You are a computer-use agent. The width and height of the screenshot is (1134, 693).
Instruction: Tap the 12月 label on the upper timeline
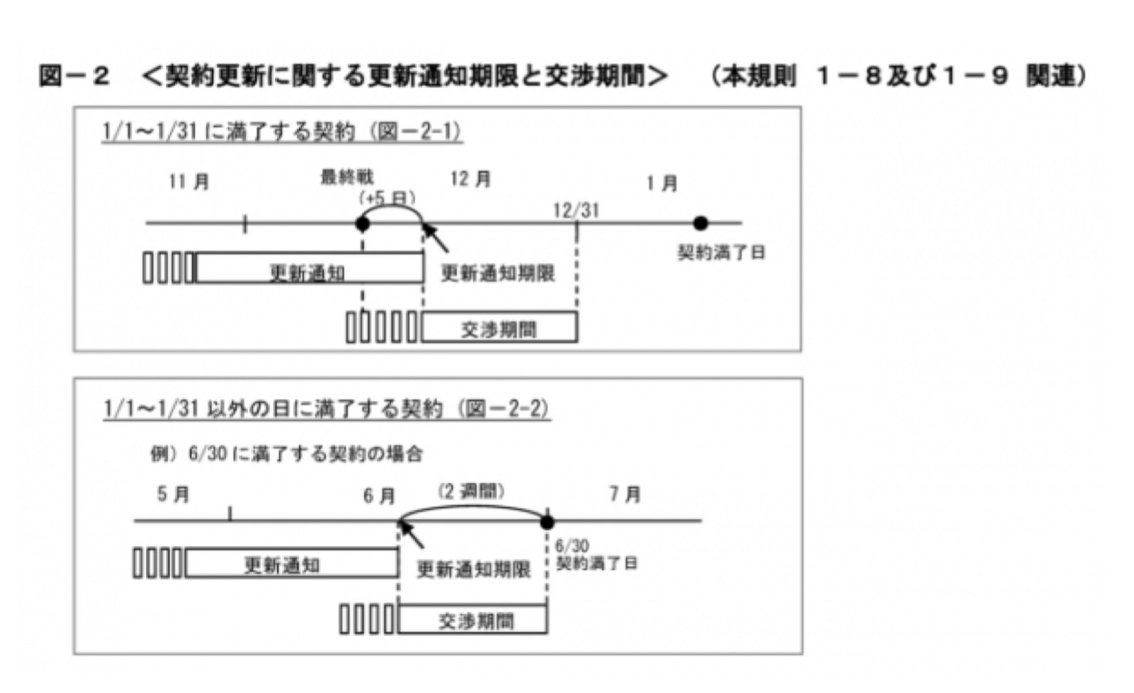(x=470, y=179)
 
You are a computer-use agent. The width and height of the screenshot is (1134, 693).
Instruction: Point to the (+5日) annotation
(x=387, y=198)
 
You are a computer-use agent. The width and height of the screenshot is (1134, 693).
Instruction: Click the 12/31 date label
(x=577, y=208)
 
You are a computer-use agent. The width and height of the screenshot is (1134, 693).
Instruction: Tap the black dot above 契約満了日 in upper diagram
(x=700, y=223)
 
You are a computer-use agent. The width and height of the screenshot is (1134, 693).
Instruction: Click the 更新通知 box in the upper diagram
(x=309, y=268)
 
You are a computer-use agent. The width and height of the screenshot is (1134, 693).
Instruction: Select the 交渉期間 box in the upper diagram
(x=499, y=327)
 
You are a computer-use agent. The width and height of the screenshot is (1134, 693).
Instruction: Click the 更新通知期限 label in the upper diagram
(x=497, y=273)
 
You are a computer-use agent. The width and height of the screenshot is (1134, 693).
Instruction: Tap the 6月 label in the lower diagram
(x=379, y=496)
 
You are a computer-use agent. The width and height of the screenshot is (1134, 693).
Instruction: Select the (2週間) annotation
(x=474, y=492)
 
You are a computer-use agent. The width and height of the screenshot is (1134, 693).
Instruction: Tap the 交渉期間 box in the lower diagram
(x=473, y=620)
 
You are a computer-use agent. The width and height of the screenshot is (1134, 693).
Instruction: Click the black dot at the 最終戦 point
(x=362, y=223)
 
